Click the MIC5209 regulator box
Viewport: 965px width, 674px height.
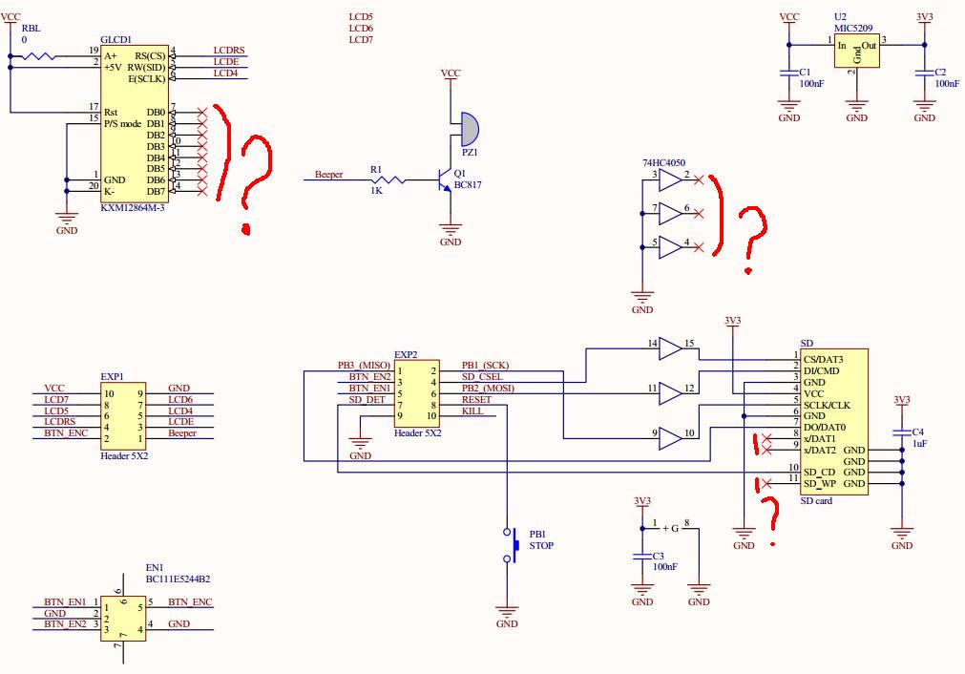pos(856,53)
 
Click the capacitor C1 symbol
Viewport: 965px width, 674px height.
pos(789,73)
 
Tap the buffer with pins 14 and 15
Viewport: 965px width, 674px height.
pos(671,349)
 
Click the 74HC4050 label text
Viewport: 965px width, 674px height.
pos(664,163)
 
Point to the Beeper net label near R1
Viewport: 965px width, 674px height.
pos(328,175)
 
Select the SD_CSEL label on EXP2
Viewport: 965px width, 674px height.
pos(482,377)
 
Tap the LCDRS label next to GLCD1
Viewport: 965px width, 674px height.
pos(229,50)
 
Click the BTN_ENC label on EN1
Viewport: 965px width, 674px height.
pos(190,602)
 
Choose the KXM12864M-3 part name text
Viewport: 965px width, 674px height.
pos(133,208)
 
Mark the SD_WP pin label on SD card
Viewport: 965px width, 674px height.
pos(819,484)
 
